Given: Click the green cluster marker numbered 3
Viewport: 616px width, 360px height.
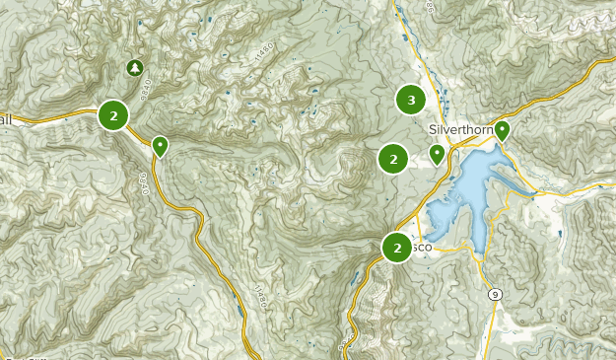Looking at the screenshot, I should tap(410, 99).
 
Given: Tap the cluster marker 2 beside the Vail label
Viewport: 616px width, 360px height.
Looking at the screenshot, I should tap(114, 116).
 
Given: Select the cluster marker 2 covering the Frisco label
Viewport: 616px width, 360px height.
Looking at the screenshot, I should tap(397, 248).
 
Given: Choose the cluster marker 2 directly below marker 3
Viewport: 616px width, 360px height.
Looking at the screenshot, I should tap(393, 158).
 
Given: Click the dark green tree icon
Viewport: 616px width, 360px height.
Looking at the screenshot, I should tap(135, 68).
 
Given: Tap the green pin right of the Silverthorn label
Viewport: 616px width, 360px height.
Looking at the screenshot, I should tap(502, 129).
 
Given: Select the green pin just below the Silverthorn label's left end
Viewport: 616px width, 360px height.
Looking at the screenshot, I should tap(437, 153).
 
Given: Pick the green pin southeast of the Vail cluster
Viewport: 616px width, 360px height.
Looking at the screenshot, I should tap(160, 146).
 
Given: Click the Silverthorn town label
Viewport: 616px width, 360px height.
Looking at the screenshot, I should tap(459, 129).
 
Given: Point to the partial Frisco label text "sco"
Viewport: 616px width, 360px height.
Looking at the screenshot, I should tap(420, 248).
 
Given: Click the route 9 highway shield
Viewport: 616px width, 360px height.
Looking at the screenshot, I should tap(494, 294).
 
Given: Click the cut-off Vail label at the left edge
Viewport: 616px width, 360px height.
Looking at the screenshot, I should tap(6, 118).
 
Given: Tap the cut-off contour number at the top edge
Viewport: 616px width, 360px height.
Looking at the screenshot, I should tap(430, 5).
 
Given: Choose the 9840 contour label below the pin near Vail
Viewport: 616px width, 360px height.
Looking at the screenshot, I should tap(145, 183).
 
